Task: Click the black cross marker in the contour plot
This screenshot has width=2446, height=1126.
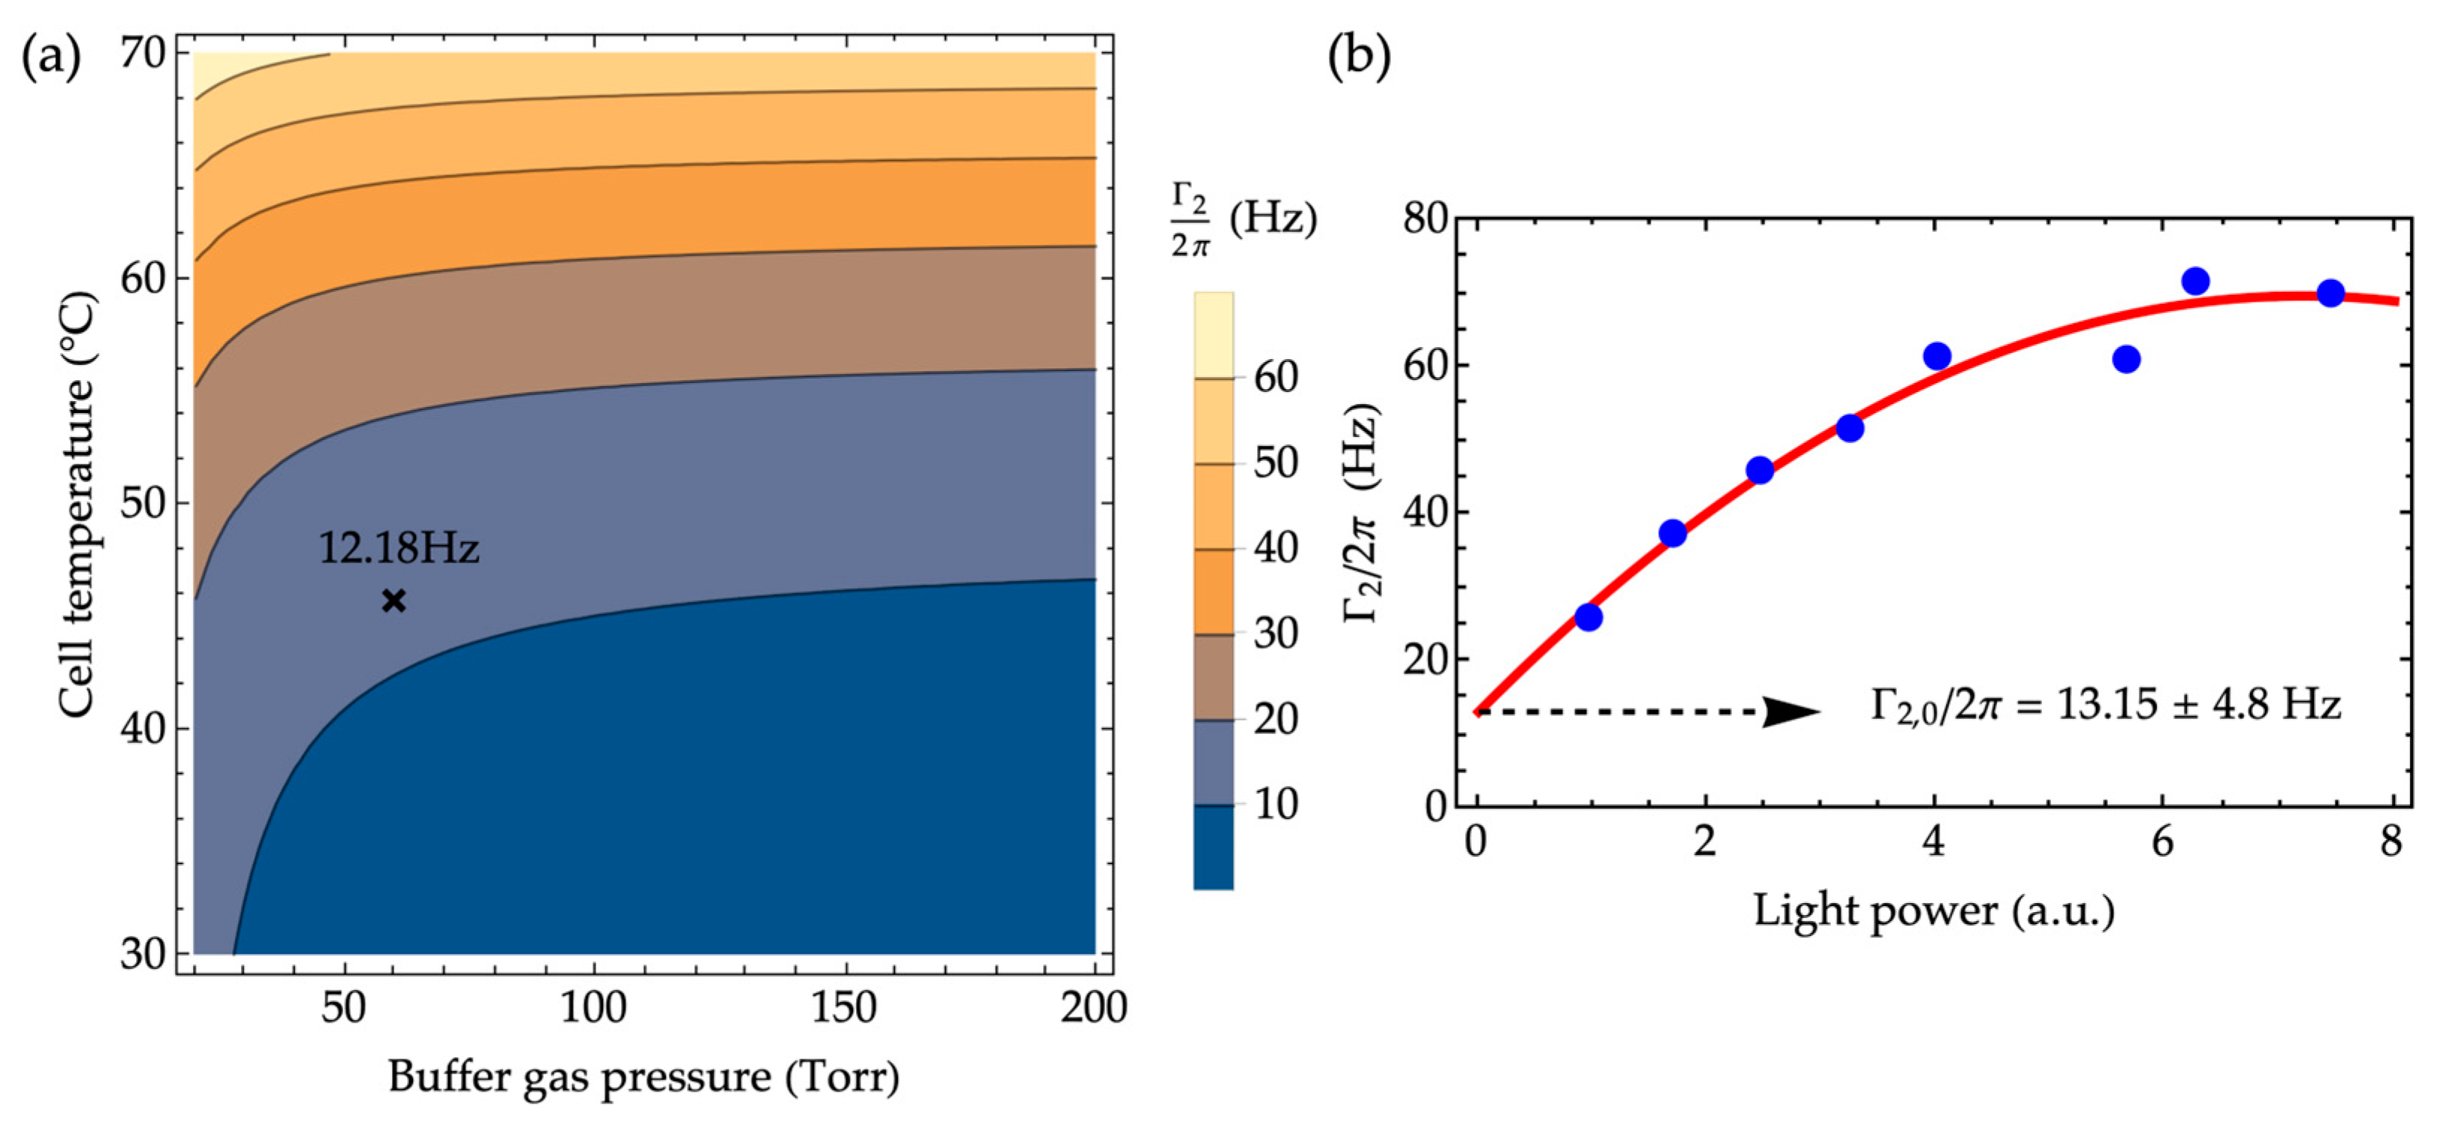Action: [394, 601]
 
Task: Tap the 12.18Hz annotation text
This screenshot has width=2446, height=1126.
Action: [398, 548]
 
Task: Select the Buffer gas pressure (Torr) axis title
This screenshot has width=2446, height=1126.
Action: [643, 1077]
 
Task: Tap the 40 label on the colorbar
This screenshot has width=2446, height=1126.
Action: [1275, 548]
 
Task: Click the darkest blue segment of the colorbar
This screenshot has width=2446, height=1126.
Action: [1213, 848]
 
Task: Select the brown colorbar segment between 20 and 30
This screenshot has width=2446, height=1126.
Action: [1213, 677]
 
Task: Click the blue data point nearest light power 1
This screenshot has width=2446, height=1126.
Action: [1588, 618]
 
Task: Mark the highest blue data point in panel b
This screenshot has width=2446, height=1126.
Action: [2195, 281]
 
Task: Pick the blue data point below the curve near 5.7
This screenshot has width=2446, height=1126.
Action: [2126, 359]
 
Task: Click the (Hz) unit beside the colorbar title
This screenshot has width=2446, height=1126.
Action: [1272, 219]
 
